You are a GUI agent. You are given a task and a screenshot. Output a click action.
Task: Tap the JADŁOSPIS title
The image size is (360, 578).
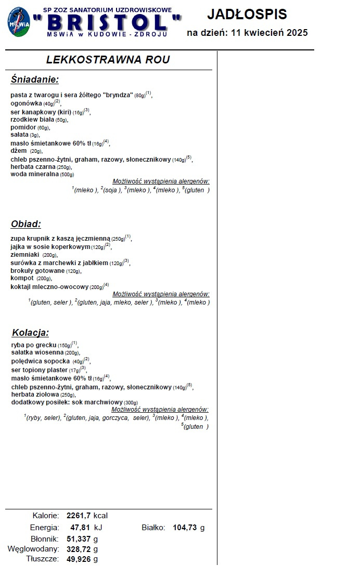(x=247, y=14)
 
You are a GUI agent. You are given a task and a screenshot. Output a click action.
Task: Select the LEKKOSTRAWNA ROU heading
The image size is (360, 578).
(x=108, y=60)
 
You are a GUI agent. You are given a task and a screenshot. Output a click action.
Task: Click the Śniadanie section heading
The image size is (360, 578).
(x=34, y=80)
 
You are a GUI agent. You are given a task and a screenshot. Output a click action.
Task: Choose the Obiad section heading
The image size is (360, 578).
(x=25, y=224)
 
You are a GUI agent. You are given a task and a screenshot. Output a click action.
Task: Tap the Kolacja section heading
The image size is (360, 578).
(x=30, y=333)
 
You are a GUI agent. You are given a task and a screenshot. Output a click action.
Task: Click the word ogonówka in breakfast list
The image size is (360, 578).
(x=26, y=103)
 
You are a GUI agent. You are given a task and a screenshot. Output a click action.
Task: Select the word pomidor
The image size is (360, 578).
(x=23, y=127)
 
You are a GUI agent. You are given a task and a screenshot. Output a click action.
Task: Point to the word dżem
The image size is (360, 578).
(x=19, y=151)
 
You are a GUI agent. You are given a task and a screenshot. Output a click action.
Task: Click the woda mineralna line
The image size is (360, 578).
(x=34, y=174)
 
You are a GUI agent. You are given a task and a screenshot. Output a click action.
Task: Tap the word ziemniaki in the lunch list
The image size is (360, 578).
(x=25, y=255)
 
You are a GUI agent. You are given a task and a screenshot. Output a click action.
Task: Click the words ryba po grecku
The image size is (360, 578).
(x=33, y=345)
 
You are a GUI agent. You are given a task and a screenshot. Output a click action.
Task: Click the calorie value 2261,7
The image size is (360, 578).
(x=79, y=516)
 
